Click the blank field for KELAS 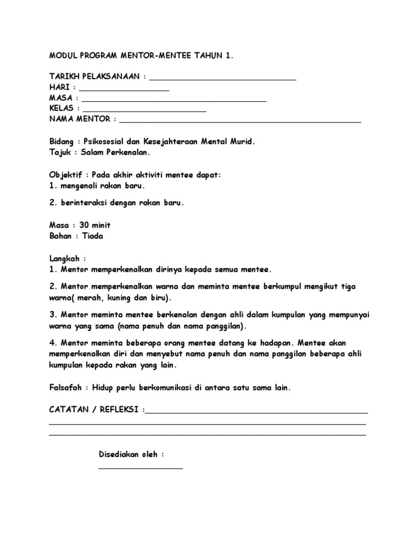tap(145, 110)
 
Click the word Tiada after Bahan tap(92, 236)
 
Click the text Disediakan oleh tap(131, 454)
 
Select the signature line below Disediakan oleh tap(141, 467)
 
